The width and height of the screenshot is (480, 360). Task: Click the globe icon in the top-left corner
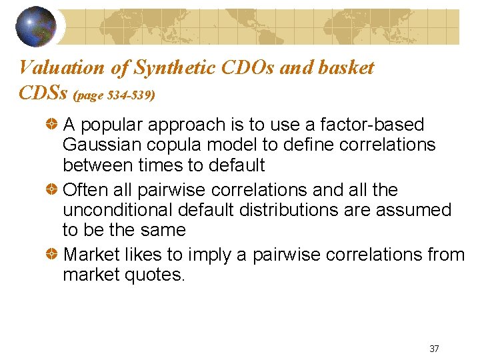tap(36, 26)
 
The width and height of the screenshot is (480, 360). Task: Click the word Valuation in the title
tap(62, 67)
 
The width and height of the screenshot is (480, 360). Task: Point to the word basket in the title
tap(347, 67)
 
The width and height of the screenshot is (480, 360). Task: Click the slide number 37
tap(434, 349)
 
